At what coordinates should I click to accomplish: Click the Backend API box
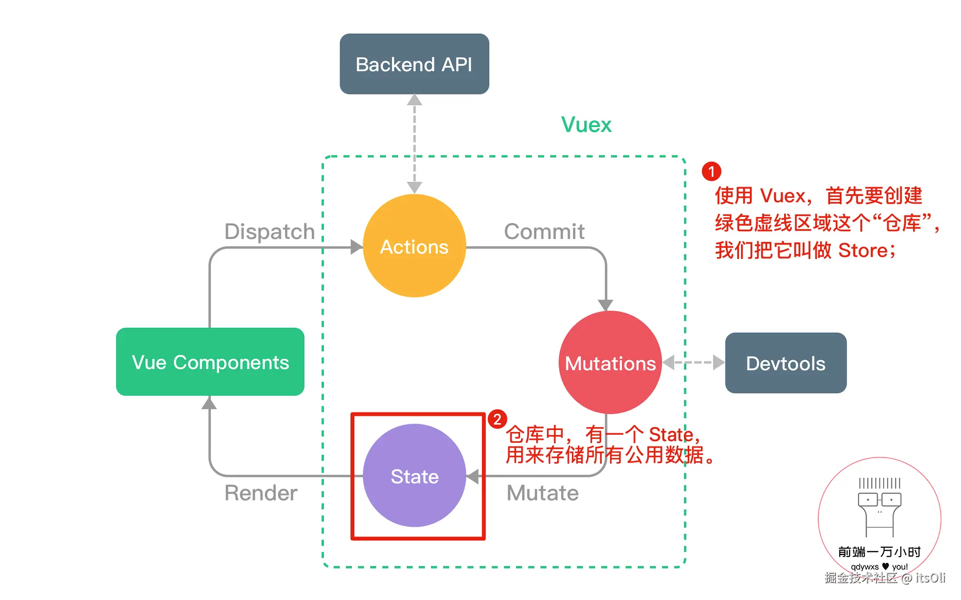coord(414,64)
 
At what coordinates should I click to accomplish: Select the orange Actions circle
coord(414,246)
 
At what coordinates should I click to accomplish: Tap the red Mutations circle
coord(610,363)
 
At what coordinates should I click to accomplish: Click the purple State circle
coord(414,475)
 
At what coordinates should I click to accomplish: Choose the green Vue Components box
coord(210,362)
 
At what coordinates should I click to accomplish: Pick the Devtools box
coord(786,363)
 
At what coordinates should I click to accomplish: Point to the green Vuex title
coord(586,125)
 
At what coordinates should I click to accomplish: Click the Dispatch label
coord(269,232)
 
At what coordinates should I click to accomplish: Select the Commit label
coord(544,232)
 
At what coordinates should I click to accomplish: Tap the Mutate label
coord(543,493)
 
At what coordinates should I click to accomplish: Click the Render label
coord(261,493)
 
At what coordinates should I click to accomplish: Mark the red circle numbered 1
coord(711,171)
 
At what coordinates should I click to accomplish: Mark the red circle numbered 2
coord(497,419)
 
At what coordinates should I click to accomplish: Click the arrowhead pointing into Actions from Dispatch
coord(356,247)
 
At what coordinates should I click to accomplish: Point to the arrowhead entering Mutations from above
coord(606,305)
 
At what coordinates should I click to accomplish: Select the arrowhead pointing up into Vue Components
coord(209,403)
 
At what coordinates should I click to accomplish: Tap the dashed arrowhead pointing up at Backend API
coord(415,100)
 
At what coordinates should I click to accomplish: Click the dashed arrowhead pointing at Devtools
coord(718,363)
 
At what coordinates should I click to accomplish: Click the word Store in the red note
coord(863,251)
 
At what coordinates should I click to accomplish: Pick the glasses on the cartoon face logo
coord(879,500)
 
